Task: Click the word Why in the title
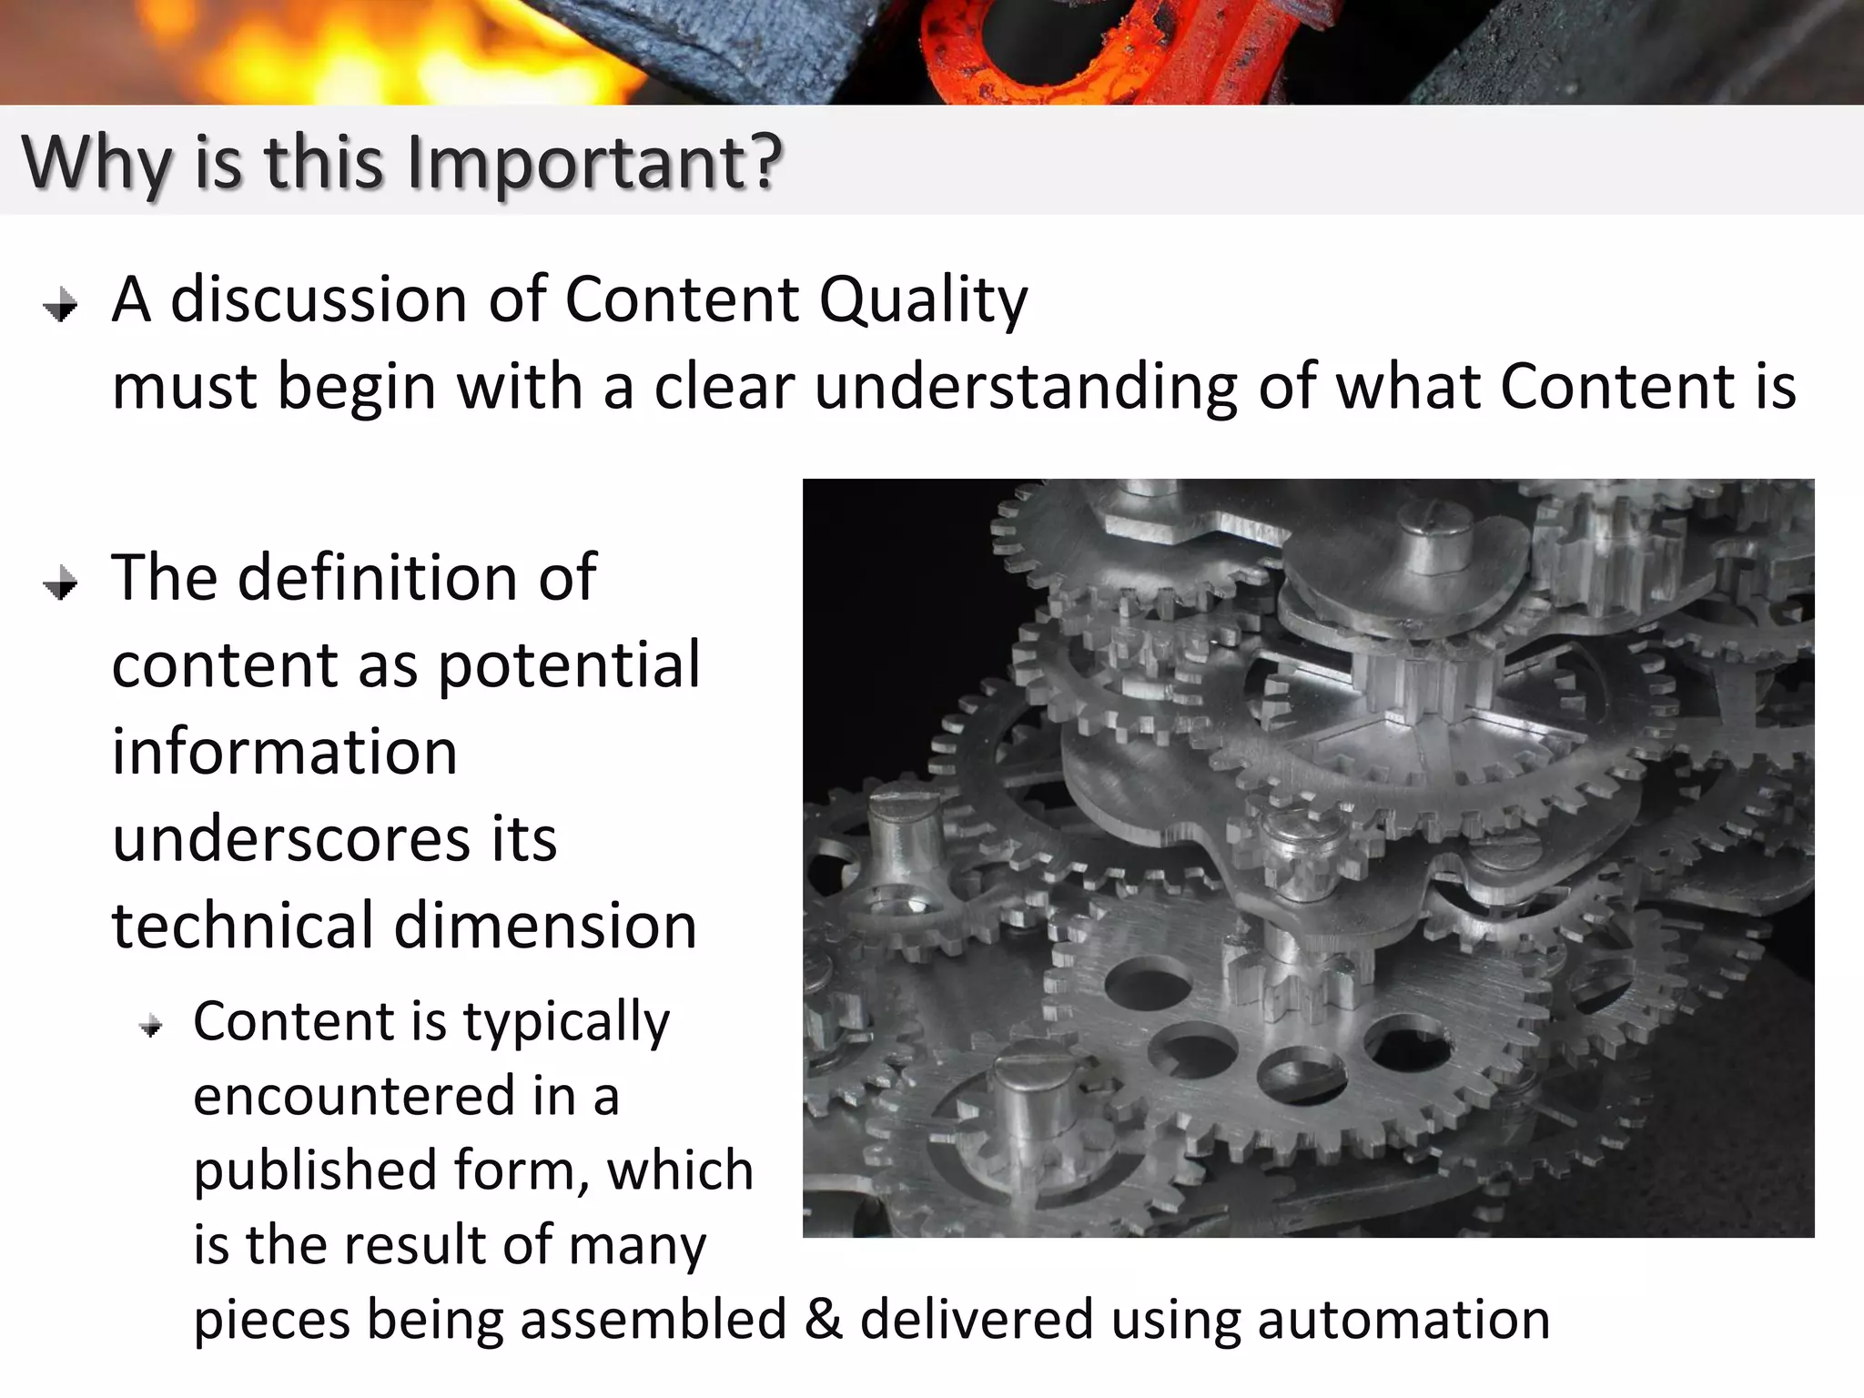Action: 96,164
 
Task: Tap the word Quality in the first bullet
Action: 923,300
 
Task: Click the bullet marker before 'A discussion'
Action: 61,306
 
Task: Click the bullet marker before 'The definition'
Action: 61,583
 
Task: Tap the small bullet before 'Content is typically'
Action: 151,1028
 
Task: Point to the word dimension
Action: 545,926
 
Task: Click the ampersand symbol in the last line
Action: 823,1320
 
